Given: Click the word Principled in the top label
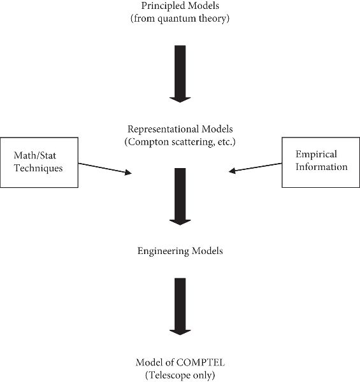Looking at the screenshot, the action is pyautogui.click(x=161, y=6).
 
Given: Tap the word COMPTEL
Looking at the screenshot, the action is pyautogui.click(x=200, y=362).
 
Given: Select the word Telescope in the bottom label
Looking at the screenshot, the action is pyautogui.click(x=169, y=376).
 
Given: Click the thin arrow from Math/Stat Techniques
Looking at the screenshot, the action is pyautogui.click(x=105, y=168).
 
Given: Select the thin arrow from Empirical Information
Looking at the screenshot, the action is pyautogui.click(x=256, y=167).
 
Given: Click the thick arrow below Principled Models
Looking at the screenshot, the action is pyautogui.click(x=180, y=74).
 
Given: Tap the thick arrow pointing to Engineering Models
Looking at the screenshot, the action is pyautogui.click(x=180, y=196).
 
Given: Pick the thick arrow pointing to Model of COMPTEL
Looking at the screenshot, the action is pyautogui.click(x=180, y=306).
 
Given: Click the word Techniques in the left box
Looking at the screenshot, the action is pyautogui.click(x=38, y=168).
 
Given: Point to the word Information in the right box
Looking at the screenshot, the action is pyautogui.click(x=322, y=167).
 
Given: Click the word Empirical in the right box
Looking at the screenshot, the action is pyautogui.click(x=316, y=155).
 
